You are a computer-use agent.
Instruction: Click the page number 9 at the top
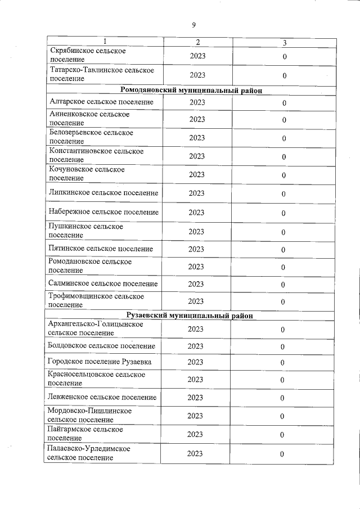pos(193,25)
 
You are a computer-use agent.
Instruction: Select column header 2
pos(197,43)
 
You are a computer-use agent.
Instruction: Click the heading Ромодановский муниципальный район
pos(192,90)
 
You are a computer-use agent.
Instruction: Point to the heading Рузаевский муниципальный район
pos(191,316)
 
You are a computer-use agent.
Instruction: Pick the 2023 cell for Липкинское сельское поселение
pos(196,193)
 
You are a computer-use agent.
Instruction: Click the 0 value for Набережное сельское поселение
pos(284,213)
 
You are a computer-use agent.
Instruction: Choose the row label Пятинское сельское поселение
pos(101,249)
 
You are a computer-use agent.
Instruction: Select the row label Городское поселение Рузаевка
pos(100,361)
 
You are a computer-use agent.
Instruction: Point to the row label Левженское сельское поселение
pos(102,397)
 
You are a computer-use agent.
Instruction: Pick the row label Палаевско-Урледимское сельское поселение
pos(89,453)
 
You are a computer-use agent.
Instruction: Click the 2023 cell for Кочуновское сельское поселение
pos(196,174)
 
